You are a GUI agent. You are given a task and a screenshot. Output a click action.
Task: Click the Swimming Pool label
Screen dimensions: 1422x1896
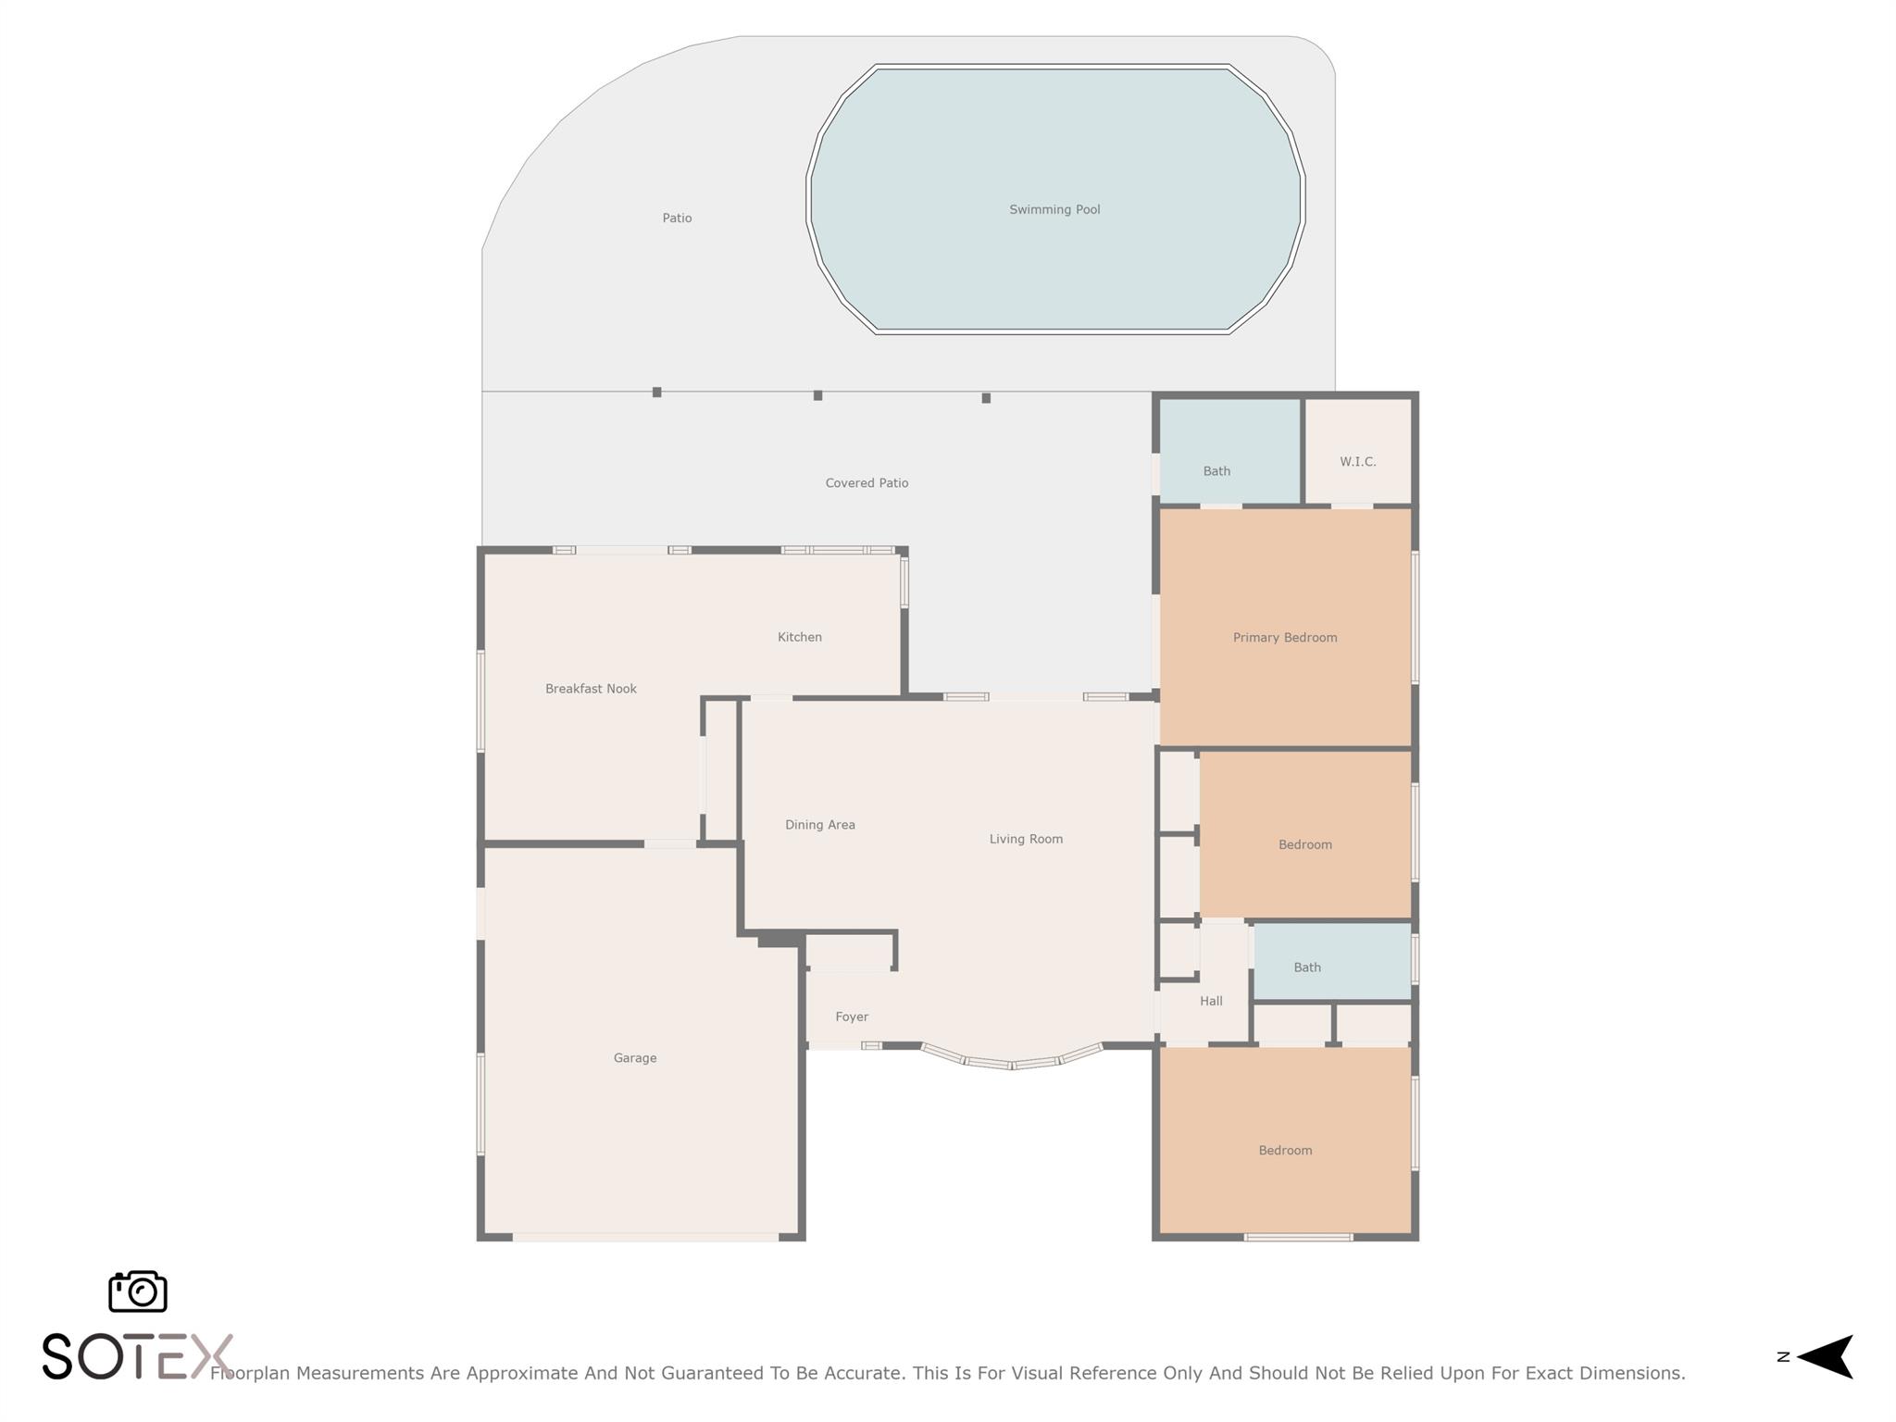(1054, 210)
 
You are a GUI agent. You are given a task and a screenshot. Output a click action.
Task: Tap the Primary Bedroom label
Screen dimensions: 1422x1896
(1284, 638)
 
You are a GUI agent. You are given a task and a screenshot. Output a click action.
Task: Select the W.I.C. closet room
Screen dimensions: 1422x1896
(1357, 461)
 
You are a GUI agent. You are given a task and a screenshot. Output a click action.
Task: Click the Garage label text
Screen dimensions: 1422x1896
(635, 1058)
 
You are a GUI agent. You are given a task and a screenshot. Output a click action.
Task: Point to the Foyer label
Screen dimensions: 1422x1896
(852, 1017)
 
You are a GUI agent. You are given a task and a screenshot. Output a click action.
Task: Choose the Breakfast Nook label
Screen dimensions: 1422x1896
(591, 689)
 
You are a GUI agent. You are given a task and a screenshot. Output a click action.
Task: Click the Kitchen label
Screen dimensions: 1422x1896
(799, 637)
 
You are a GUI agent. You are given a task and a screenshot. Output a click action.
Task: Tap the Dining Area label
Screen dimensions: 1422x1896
(819, 825)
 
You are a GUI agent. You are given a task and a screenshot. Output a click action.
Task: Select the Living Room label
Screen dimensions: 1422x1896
(1026, 840)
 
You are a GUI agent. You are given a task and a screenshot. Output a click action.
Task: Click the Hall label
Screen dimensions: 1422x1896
(1211, 1001)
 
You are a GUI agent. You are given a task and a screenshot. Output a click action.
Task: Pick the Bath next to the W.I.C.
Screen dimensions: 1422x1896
(1216, 471)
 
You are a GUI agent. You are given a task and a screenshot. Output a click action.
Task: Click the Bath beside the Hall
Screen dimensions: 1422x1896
(1307, 967)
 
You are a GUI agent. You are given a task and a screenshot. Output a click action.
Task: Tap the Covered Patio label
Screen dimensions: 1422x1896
(867, 483)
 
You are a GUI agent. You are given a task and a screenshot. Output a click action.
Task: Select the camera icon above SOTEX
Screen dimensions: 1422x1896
(138, 1291)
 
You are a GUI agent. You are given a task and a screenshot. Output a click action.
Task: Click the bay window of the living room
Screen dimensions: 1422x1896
(1012, 1063)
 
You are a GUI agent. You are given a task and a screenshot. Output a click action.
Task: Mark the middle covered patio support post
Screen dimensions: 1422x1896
(817, 395)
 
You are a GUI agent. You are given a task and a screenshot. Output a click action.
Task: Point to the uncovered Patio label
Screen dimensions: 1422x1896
(677, 218)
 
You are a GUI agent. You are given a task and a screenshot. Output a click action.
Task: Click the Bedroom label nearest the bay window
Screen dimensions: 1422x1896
(1285, 1151)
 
